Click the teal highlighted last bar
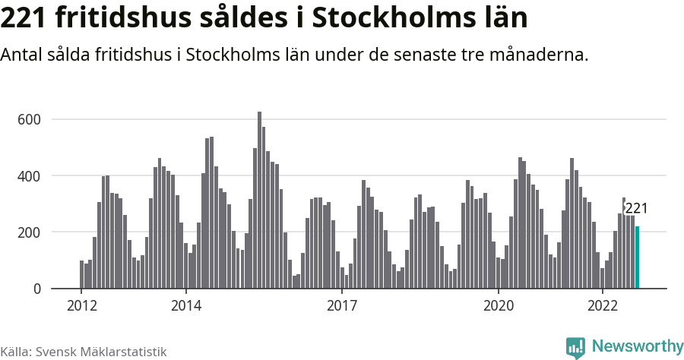[x=637, y=257]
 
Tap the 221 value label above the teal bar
[x=636, y=209]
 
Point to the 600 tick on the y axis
[x=29, y=119]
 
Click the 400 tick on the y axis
[x=29, y=176]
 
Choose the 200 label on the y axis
[x=29, y=232]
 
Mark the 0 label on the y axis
[x=36, y=289]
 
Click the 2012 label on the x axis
[x=81, y=306]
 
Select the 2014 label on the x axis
[x=185, y=306]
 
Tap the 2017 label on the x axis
[x=342, y=306]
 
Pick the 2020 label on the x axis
[x=499, y=306]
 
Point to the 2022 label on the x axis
[x=603, y=306]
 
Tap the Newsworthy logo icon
[x=576, y=348]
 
